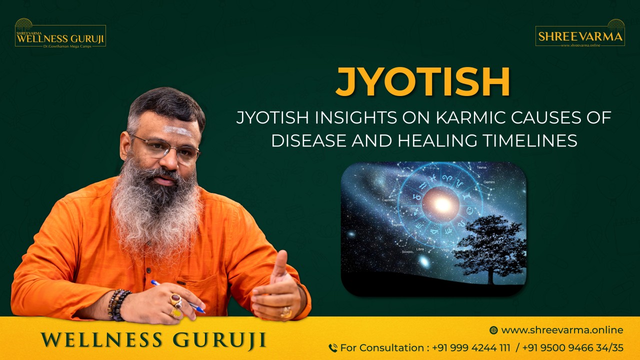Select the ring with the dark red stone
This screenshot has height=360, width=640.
175,300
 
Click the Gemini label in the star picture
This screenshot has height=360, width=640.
488,182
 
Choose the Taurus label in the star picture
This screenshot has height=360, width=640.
481,167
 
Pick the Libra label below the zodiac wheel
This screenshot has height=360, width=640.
420,249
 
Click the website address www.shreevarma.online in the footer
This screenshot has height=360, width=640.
562,330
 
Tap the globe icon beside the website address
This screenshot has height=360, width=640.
493,330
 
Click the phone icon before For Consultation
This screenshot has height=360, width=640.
333,348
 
